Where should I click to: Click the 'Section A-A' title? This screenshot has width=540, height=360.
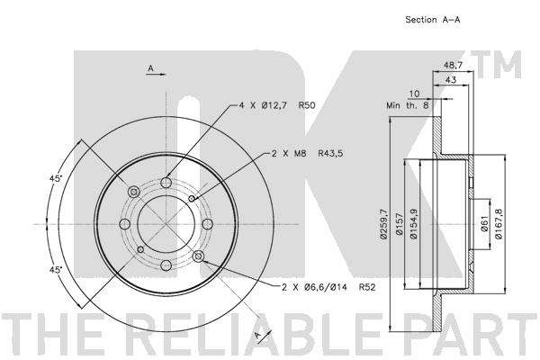coord(433,20)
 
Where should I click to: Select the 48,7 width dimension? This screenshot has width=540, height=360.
coord(454,65)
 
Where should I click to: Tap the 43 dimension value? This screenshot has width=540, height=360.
coord(451,80)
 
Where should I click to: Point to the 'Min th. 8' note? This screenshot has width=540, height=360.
coord(408,105)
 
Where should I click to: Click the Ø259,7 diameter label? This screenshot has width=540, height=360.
coord(383,224)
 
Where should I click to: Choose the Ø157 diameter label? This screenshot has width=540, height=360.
coord(399,224)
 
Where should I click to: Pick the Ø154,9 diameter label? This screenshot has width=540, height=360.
coord(414,224)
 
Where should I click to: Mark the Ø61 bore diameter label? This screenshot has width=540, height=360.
coord(484,224)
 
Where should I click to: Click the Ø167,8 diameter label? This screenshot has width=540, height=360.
coord(499,224)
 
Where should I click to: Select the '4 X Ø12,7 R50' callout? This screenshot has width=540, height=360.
coord(277,105)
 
